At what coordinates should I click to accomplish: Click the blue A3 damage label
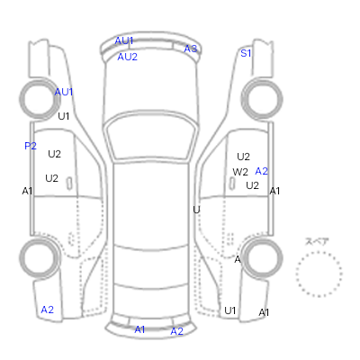(191, 49)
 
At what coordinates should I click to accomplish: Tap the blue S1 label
(246, 53)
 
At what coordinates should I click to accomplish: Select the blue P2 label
(31, 146)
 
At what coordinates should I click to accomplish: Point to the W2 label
(240, 172)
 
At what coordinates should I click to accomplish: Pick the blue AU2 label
(127, 57)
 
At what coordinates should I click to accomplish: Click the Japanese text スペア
(317, 241)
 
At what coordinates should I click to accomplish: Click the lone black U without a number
(196, 210)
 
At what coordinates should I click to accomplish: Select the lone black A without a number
(238, 259)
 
